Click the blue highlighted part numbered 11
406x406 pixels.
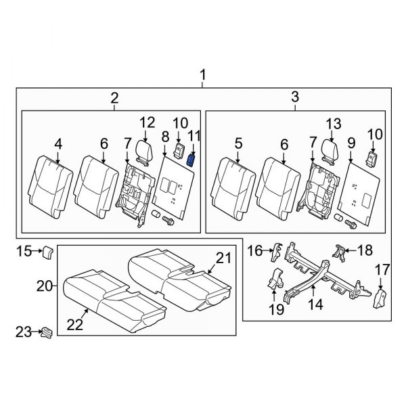(191, 160)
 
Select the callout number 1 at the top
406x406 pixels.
(202, 72)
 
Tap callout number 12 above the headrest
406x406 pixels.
(148, 122)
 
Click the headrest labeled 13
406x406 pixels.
(330, 152)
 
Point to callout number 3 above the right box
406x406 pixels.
(296, 98)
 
